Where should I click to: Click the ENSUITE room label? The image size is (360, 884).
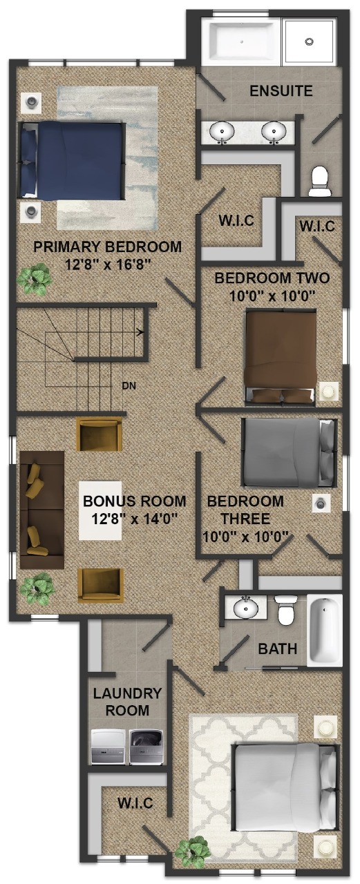coord(281,91)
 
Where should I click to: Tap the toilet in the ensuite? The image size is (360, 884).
coord(319,181)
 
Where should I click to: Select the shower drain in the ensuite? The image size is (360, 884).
coord(310,41)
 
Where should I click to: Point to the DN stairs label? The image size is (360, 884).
coord(129,385)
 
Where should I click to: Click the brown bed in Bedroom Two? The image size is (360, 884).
coord(281,358)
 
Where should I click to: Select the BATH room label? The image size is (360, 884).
coord(278,648)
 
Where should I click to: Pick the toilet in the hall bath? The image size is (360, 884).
coord(285,609)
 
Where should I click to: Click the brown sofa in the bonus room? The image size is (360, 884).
coord(42,510)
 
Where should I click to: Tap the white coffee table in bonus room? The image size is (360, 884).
coord(100,510)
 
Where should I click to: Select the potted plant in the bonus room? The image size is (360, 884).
coord(37,589)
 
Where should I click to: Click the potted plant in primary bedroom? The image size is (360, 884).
coord(35,279)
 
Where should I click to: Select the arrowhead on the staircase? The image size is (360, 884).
coord(140,332)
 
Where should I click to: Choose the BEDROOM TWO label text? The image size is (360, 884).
coord(272,278)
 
